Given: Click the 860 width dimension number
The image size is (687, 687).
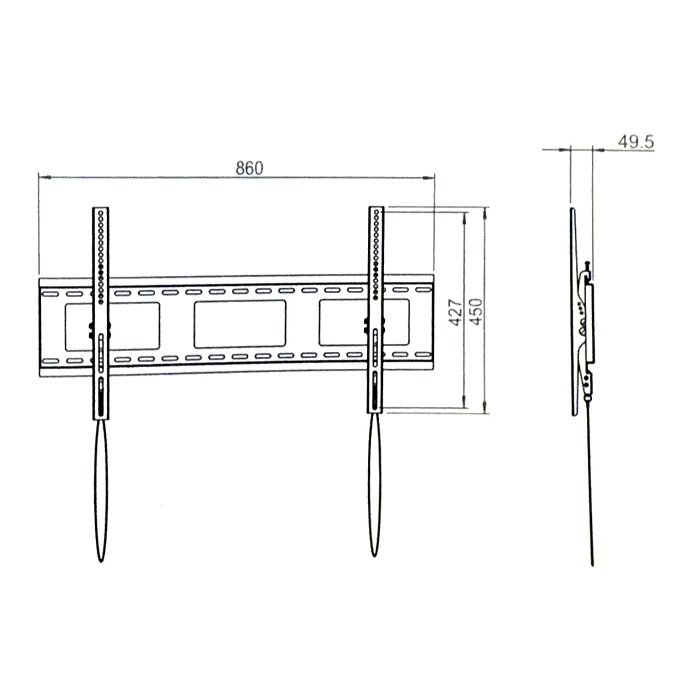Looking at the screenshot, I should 250,169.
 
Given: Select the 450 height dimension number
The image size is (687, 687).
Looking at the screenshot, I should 477,312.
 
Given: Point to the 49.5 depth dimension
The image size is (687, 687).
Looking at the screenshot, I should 636,142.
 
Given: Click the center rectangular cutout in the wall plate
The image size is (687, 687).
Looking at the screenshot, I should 240,324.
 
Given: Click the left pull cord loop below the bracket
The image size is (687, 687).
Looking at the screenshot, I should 101,490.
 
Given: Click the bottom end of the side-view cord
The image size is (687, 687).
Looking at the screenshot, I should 593,564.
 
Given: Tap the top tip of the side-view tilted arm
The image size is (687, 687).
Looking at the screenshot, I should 572,210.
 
